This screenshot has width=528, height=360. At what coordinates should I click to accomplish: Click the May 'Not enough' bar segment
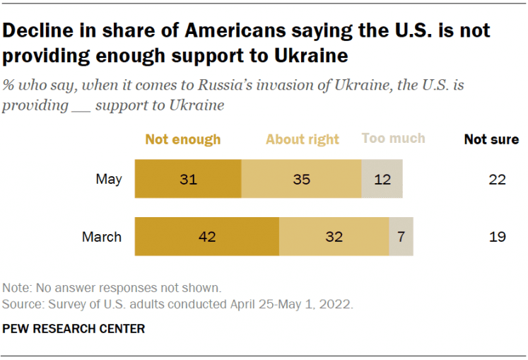[x=188, y=180]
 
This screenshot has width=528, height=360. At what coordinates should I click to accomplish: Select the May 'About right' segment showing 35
[x=302, y=180]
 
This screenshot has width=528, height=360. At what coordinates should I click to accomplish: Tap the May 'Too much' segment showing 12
[x=382, y=180]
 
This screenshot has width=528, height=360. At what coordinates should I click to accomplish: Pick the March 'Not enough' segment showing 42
[x=207, y=236]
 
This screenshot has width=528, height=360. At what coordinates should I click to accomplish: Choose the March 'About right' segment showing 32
[x=334, y=236]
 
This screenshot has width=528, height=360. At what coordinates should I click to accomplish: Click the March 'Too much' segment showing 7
[x=401, y=236]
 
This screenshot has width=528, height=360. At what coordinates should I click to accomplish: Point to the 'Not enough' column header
[x=183, y=139]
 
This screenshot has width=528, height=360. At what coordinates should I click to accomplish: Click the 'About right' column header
[x=303, y=139]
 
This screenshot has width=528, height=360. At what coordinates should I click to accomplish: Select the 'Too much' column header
[x=394, y=138]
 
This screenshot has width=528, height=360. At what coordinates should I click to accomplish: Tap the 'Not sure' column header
[x=491, y=139]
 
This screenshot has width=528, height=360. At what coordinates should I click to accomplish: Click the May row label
[x=109, y=180]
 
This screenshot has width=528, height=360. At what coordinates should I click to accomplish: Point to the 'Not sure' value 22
[x=498, y=180]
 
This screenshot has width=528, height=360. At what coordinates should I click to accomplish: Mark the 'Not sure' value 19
[x=498, y=236]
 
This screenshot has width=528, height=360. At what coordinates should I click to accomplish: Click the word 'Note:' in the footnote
[x=17, y=288]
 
